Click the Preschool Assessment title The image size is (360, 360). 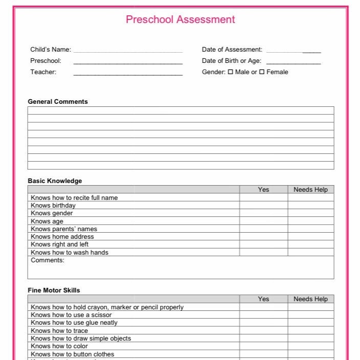click(x=180, y=19)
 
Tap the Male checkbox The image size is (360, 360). click(x=231, y=72)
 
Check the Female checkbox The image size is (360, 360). click(x=262, y=72)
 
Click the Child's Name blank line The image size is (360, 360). click(x=128, y=50)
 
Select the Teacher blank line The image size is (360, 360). click(x=128, y=73)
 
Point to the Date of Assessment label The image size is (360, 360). click(x=232, y=50)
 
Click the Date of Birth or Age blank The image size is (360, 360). click(x=293, y=61)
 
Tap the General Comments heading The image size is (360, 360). click(x=58, y=102)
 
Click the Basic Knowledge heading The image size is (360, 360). click(x=55, y=181)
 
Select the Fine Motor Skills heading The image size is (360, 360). click(x=54, y=290)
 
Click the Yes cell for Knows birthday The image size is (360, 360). click(x=263, y=206)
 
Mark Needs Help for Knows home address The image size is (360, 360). click(x=310, y=237)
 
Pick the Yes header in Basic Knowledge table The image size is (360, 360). click(x=263, y=189)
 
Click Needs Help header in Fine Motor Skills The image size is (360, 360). click(x=310, y=299)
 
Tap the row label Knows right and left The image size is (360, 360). click(x=59, y=244)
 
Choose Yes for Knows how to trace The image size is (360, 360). click(x=263, y=331)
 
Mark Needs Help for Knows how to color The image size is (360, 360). click(x=310, y=346)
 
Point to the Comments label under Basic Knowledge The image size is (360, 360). click(x=48, y=260)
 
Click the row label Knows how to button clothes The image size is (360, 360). click(x=72, y=354)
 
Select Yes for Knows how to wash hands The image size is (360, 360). click(x=263, y=252)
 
